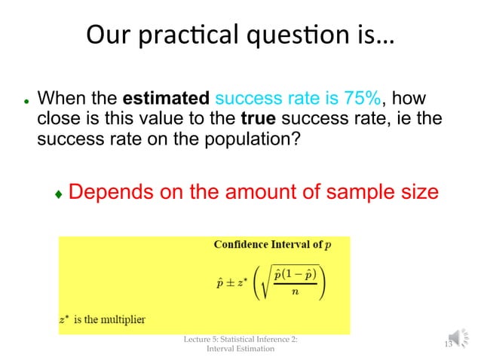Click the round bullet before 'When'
coord(26,101)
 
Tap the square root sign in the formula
coord(266,285)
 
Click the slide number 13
coord(447,344)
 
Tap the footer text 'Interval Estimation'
coord(240,349)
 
